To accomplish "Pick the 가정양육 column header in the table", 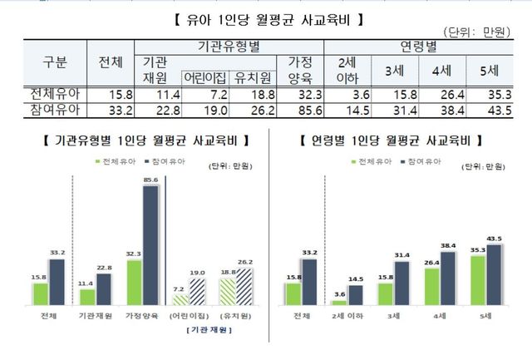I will (298, 69).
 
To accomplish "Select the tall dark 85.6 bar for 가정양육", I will (150, 245).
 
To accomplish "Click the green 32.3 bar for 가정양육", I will (135, 283).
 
